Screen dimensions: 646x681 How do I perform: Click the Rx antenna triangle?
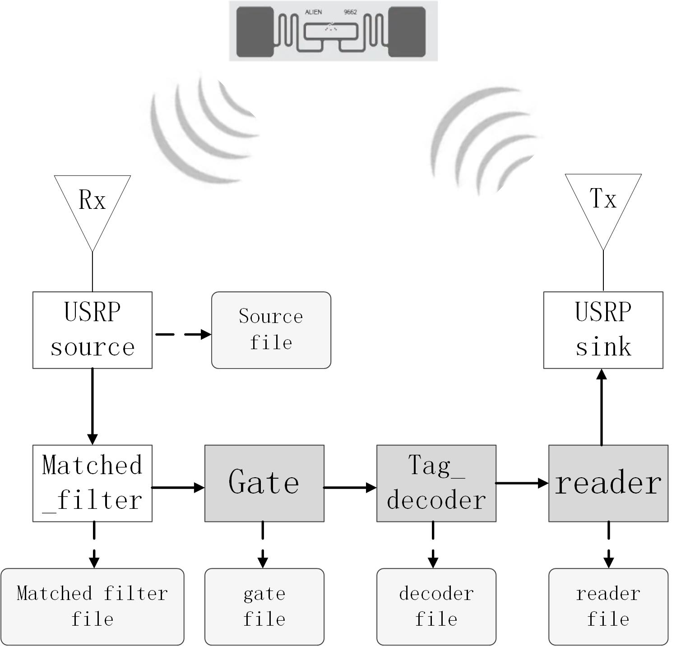click(x=92, y=203)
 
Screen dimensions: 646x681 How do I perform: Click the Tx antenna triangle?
click(x=603, y=201)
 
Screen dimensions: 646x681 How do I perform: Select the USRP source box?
click(x=92, y=330)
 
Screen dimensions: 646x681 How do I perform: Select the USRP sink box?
click(x=603, y=330)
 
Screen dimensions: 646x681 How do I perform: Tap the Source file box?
click(x=271, y=330)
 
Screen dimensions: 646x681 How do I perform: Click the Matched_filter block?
click(x=92, y=483)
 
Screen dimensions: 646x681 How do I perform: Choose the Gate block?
click(x=264, y=483)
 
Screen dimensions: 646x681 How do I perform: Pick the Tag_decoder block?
click(x=436, y=483)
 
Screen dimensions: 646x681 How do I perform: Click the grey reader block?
click(x=608, y=483)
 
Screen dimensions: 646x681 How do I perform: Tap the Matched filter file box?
click(x=92, y=606)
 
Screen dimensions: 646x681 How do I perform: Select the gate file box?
click(x=264, y=606)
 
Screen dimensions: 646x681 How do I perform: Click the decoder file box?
click(x=436, y=606)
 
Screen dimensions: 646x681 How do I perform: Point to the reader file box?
click(x=608, y=606)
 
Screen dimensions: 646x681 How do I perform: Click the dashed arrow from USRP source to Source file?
click(x=183, y=334)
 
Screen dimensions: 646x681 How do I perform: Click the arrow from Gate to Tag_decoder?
click(x=350, y=487)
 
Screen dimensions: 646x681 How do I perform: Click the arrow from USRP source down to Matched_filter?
click(x=92, y=406)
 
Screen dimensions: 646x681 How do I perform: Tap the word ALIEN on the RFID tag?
click(x=313, y=12)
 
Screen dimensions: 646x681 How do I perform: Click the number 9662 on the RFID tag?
click(x=350, y=12)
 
